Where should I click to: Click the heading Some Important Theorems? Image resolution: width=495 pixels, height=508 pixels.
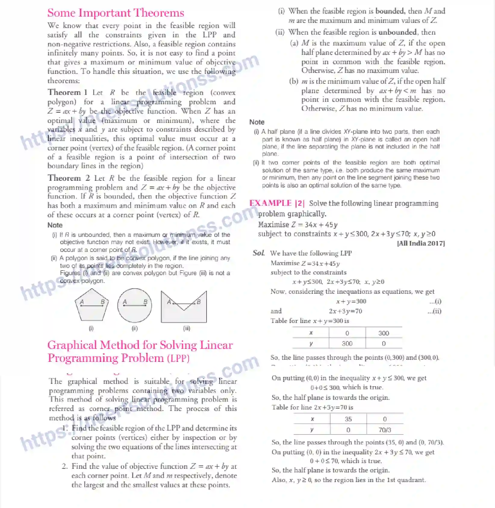[x=116, y=13]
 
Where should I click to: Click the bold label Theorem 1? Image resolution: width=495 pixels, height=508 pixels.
[x=67, y=92]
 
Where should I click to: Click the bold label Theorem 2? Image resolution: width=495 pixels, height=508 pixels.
[x=69, y=178]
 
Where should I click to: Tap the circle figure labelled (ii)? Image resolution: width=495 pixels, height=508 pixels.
[x=135, y=306]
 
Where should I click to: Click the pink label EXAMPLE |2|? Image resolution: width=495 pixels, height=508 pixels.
[x=277, y=203]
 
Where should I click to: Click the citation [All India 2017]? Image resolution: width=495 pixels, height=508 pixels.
[x=421, y=243]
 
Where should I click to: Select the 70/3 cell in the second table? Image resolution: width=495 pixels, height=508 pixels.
[x=384, y=430]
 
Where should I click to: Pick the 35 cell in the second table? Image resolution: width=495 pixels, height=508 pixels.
[x=348, y=419]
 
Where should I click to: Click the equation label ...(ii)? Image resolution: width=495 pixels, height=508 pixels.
[x=434, y=311]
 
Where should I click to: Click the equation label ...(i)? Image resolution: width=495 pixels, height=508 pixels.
[x=435, y=301]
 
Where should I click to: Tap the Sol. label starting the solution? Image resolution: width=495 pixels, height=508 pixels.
[x=259, y=253]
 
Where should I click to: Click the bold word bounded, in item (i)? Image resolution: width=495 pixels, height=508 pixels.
[x=390, y=11]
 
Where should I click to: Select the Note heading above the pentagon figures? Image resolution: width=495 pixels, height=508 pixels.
[x=55, y=225]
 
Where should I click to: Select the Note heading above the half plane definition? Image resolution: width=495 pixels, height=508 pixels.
[x=257, y=122]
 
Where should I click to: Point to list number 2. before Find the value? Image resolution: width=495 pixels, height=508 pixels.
[x=65, y=466]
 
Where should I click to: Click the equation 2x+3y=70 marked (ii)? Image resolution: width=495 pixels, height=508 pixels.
[x=345, y=311]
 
